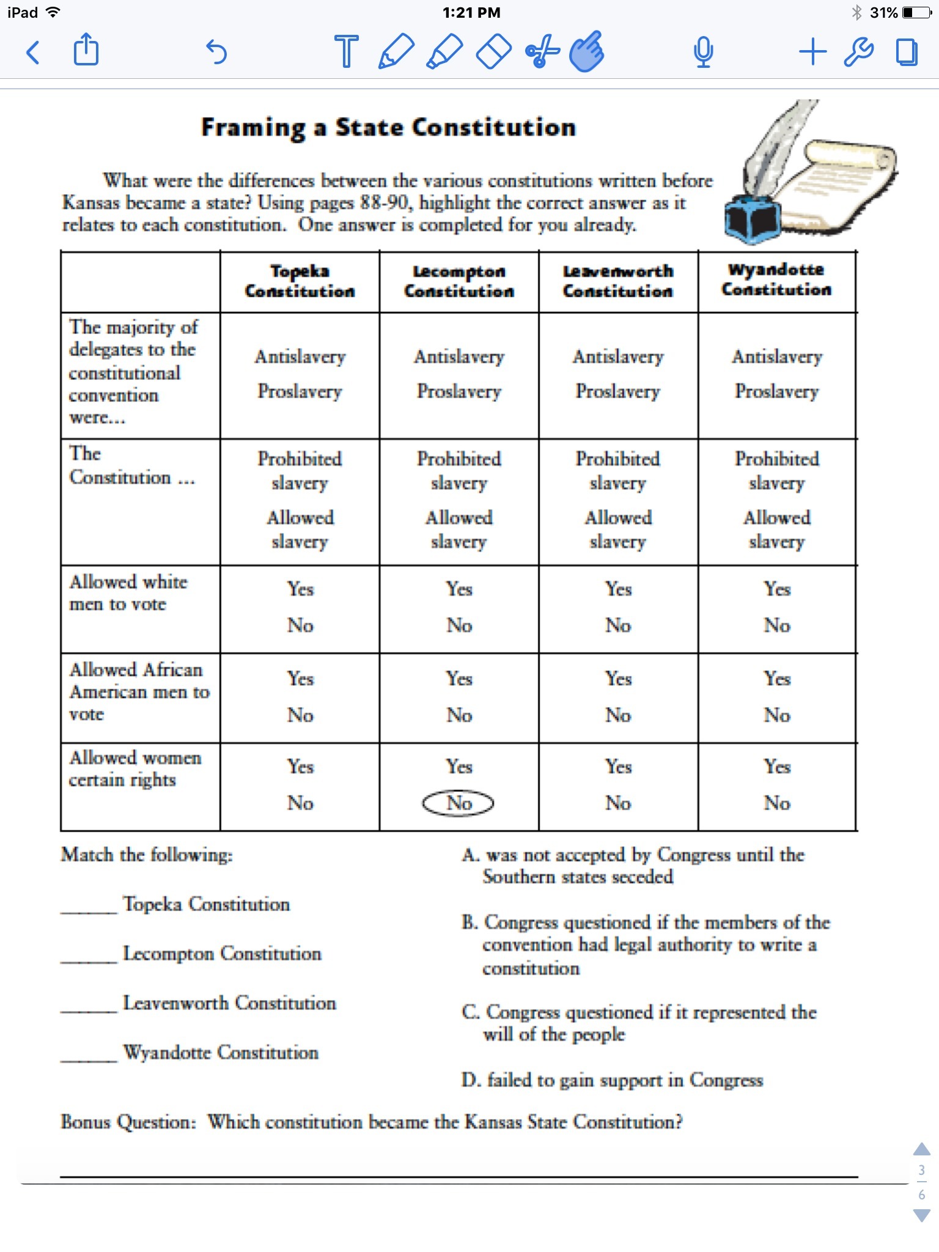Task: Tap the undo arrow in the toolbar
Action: click(216, 52)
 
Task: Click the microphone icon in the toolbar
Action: click(703, 52)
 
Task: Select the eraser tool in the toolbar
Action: click(493, 51)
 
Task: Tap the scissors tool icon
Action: click(542, 51)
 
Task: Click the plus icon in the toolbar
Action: click(812, 51)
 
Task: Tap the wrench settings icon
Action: click(858, 51)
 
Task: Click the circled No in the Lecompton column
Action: click(458, 803)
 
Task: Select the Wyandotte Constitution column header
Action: click(776, 279)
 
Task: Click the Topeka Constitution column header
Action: click(300, 281)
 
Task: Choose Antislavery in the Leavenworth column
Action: click(618, 356)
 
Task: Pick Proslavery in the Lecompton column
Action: click(458, 391)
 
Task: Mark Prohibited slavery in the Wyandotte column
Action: click(776, 470)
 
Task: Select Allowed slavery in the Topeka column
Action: click(300, 529)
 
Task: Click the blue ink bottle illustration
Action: click(752, 219)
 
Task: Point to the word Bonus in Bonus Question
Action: click(86, 1122)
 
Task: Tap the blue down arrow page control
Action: click(921, 1215)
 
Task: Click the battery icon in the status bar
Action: click(916, 12)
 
